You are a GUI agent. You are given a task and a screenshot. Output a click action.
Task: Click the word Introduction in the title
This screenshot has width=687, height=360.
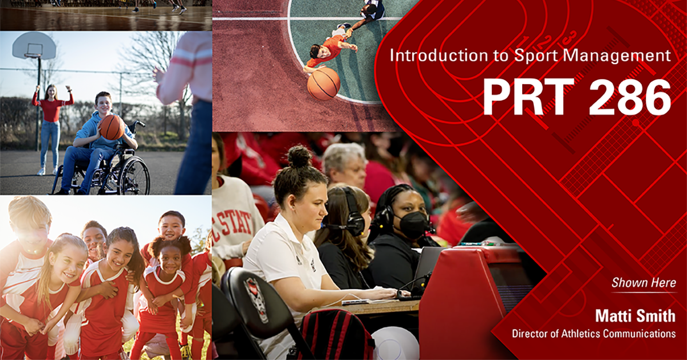pos(439,56)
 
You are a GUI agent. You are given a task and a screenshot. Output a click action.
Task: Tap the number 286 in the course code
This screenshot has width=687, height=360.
pos(629,97)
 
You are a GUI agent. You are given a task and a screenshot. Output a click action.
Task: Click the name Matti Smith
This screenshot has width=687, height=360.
pos(635,316)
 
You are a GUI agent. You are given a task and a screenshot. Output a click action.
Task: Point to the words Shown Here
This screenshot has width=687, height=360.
pos(643,282)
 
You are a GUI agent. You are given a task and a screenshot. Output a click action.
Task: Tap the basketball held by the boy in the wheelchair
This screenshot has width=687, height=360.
pos(112,127)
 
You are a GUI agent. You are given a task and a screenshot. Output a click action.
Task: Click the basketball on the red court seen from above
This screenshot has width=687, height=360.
pos(323,84)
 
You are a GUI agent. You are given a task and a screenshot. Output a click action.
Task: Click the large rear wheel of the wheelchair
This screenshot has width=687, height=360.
pos(135,176)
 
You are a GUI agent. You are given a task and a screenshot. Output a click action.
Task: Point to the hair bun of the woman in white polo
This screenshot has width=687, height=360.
pos(299,156)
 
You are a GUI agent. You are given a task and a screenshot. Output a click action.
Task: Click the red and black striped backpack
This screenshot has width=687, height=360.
pos(337,335)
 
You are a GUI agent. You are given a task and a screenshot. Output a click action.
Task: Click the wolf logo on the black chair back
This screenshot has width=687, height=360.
pos(256,299)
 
